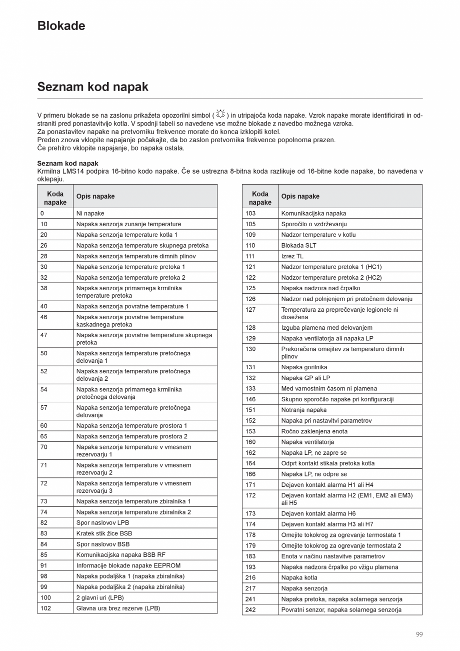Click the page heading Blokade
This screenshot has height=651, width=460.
(x=61, y=26)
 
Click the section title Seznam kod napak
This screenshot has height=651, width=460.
(x=92, y=87)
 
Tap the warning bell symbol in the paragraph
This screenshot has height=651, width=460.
(x=220, y=114)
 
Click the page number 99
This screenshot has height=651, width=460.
(x=419, y=634)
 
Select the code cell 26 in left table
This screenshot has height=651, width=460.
(x=44, y=245)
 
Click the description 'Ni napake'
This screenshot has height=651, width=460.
(x=90, y=213)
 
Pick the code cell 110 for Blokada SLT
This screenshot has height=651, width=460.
(x=250, y=245)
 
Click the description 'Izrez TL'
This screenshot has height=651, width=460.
(x=292, y=256)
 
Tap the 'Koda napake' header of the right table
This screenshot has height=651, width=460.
(x=260, y=198)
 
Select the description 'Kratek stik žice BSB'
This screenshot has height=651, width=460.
(x=104, y=533)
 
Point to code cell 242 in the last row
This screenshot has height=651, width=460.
(x=250, y=609)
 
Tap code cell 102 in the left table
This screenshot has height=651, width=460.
(x=45, y=608)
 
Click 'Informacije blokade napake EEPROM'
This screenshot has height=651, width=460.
(x=124, y=565)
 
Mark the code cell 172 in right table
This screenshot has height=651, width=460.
(x=250, y=495)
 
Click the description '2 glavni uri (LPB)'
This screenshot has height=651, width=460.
(x=100, y=597)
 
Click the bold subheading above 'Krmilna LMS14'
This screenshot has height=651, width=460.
(x=67, y=163)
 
